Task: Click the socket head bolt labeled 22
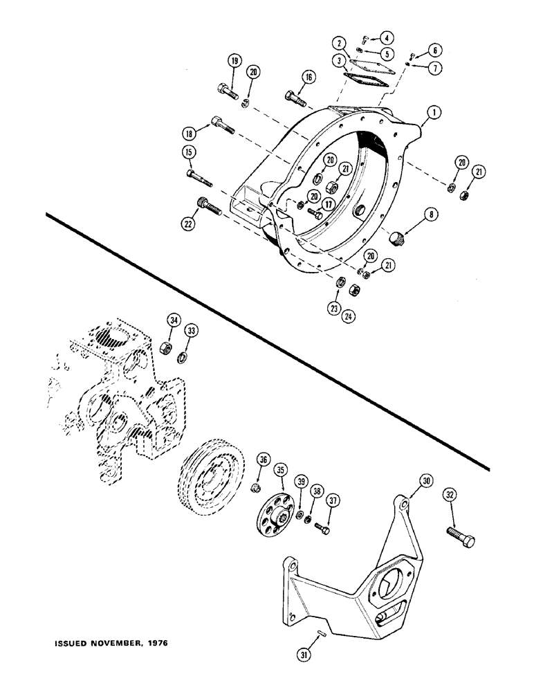point(208,206)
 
